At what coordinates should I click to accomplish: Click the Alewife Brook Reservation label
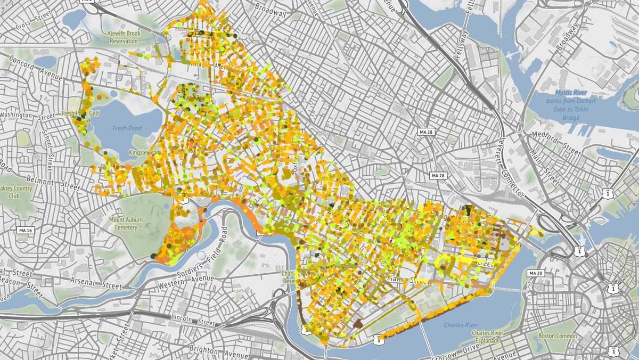(x=123, y=37)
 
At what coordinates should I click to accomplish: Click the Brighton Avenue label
(x=213, y=349)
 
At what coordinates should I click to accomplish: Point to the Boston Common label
(x=558, y=336)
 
